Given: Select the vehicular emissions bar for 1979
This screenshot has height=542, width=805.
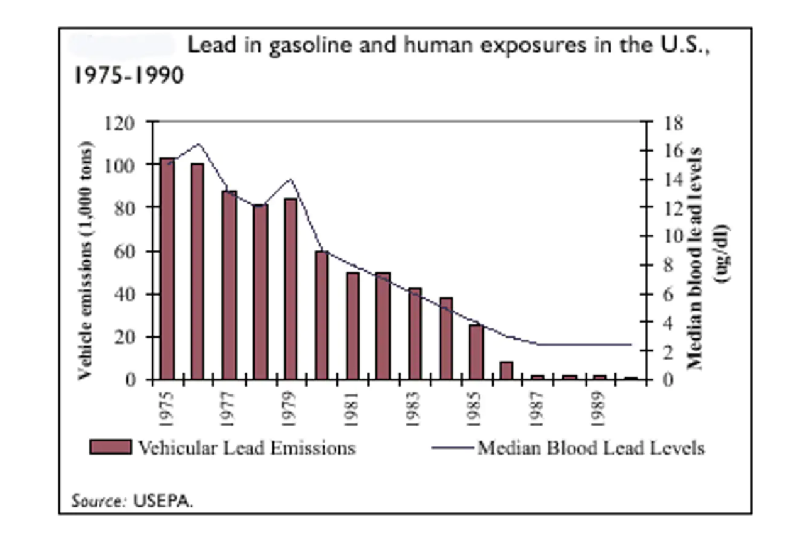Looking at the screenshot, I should point(291,289).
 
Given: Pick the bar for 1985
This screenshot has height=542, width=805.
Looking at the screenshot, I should point(477,352).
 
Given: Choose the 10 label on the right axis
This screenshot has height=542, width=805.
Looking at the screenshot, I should point(672,236).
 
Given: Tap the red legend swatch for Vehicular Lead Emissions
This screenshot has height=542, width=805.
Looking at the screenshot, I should point(111,448).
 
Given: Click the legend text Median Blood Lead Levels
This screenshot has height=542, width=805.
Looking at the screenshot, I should point(591,448).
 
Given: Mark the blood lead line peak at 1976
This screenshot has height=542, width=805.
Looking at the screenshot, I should point(198,144).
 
